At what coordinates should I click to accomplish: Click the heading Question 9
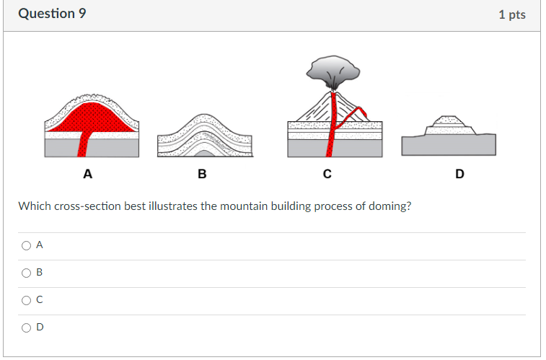pyautogui.click(x=47, y=14)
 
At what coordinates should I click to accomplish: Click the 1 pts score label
pyautogui.click(x=512, y=14)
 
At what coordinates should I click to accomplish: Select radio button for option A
pyautogui.click(x=26, y=245)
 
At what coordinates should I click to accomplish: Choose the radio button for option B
pyautogui.click(x=26, y=273)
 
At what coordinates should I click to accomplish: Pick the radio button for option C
pyautogui.click(x=26, y=299)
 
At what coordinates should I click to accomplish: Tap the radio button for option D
pyautogui.click(x=26, y=327)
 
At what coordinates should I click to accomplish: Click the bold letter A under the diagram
pyautogui.click(x=87, y=174)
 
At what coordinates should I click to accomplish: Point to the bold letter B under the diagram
pyautogui.click(x=202, y=174)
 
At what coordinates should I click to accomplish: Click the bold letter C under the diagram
pyautogui.click(x=327, y=174)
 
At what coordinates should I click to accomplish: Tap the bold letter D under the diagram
pyautogui.click(x=460, y=174)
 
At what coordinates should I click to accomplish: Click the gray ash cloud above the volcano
pyautogui.click(x=334, y=70)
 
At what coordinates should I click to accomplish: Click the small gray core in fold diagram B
pyautogui.click(x=205, y=152)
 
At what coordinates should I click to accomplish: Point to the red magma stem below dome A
pyautogui.click(x=85, y=145)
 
